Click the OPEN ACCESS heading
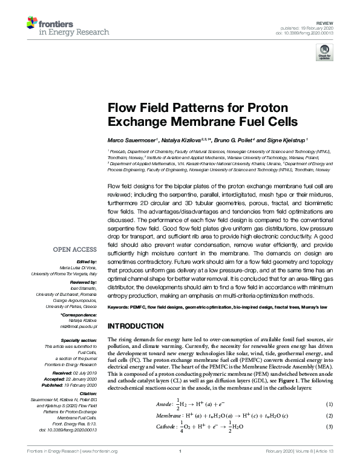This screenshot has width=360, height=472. [x=76, y=249]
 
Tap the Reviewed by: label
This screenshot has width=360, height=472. [x=83, y=283]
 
